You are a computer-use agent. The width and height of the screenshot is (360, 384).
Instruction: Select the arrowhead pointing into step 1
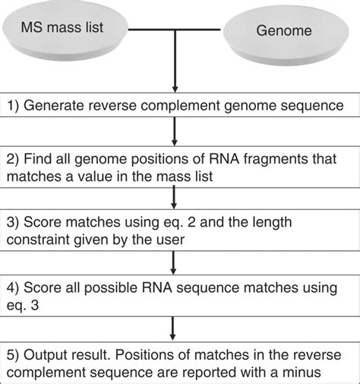[x=175, y=87]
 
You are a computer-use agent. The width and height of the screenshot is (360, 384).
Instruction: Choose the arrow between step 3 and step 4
[x=175, y=263]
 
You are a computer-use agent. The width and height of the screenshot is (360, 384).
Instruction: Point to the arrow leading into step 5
[x=175, y=326]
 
